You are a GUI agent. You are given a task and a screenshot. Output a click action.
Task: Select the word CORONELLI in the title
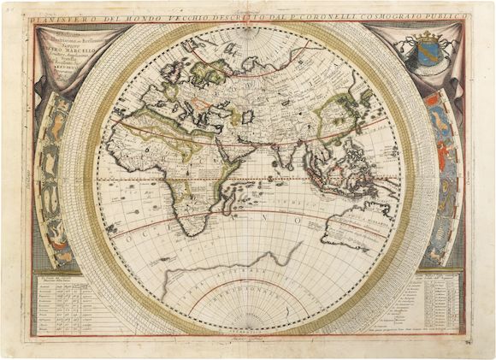tap(337, 15)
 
